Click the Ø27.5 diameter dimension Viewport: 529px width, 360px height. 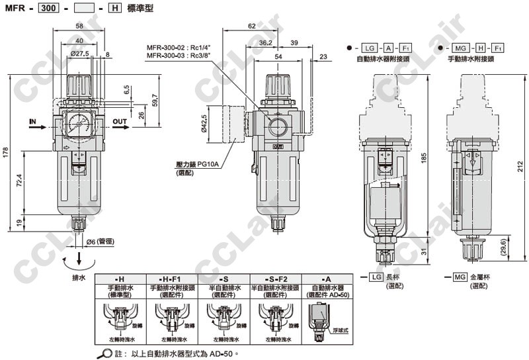[79, 54]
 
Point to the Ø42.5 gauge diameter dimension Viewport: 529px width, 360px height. [204, 124]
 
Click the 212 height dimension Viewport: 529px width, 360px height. [522, 164]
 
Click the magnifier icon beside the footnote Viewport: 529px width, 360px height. [104, 353]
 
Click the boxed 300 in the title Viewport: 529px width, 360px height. [46, 9]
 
